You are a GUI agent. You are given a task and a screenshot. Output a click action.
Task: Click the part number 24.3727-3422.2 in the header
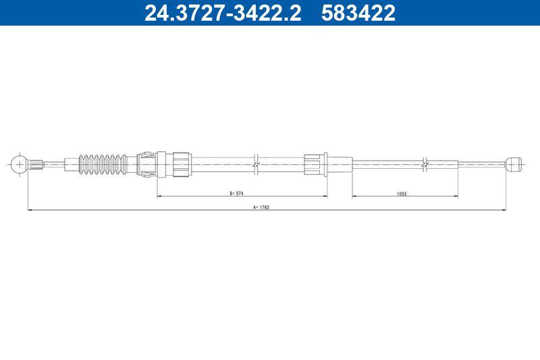pyautogui.click(x=223, y=13)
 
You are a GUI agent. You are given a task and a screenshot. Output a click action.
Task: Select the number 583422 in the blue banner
pyautogui.click(x=358, y=13)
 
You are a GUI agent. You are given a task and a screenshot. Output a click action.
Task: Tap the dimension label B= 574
pyautogui.click(x=237, y=193)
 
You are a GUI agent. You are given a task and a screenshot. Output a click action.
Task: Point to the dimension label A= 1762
pyautogui.click(x=261, y=207)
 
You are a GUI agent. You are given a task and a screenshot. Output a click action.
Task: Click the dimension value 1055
pyautogui.click(x=402, y=194)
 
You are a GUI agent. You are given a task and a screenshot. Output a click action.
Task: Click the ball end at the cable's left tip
pyautogui.click(x=19, y=164)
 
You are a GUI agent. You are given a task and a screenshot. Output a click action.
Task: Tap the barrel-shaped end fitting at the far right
pyautogui.click(x=514, y=164)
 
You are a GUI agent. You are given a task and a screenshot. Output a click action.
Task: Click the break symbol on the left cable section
pyautogui.click(x=256, y=164)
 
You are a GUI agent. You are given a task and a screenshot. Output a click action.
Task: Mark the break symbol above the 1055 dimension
pyautogui.click(x=425, y=164)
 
